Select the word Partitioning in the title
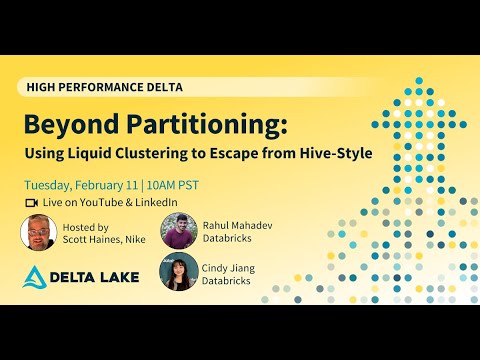click(199, 126)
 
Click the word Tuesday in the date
click(49, 185)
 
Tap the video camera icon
click(30, 202)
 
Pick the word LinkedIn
click(155, 202)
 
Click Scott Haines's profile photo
click(39, 232)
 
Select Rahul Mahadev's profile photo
click(178, 231)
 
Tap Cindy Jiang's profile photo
click(178, 271)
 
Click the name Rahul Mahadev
click(237, 225)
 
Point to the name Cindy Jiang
click(231, 264)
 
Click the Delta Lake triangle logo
click(36, 278)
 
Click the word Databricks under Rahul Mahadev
click(230, 239)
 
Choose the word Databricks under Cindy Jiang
click(230, 278)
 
